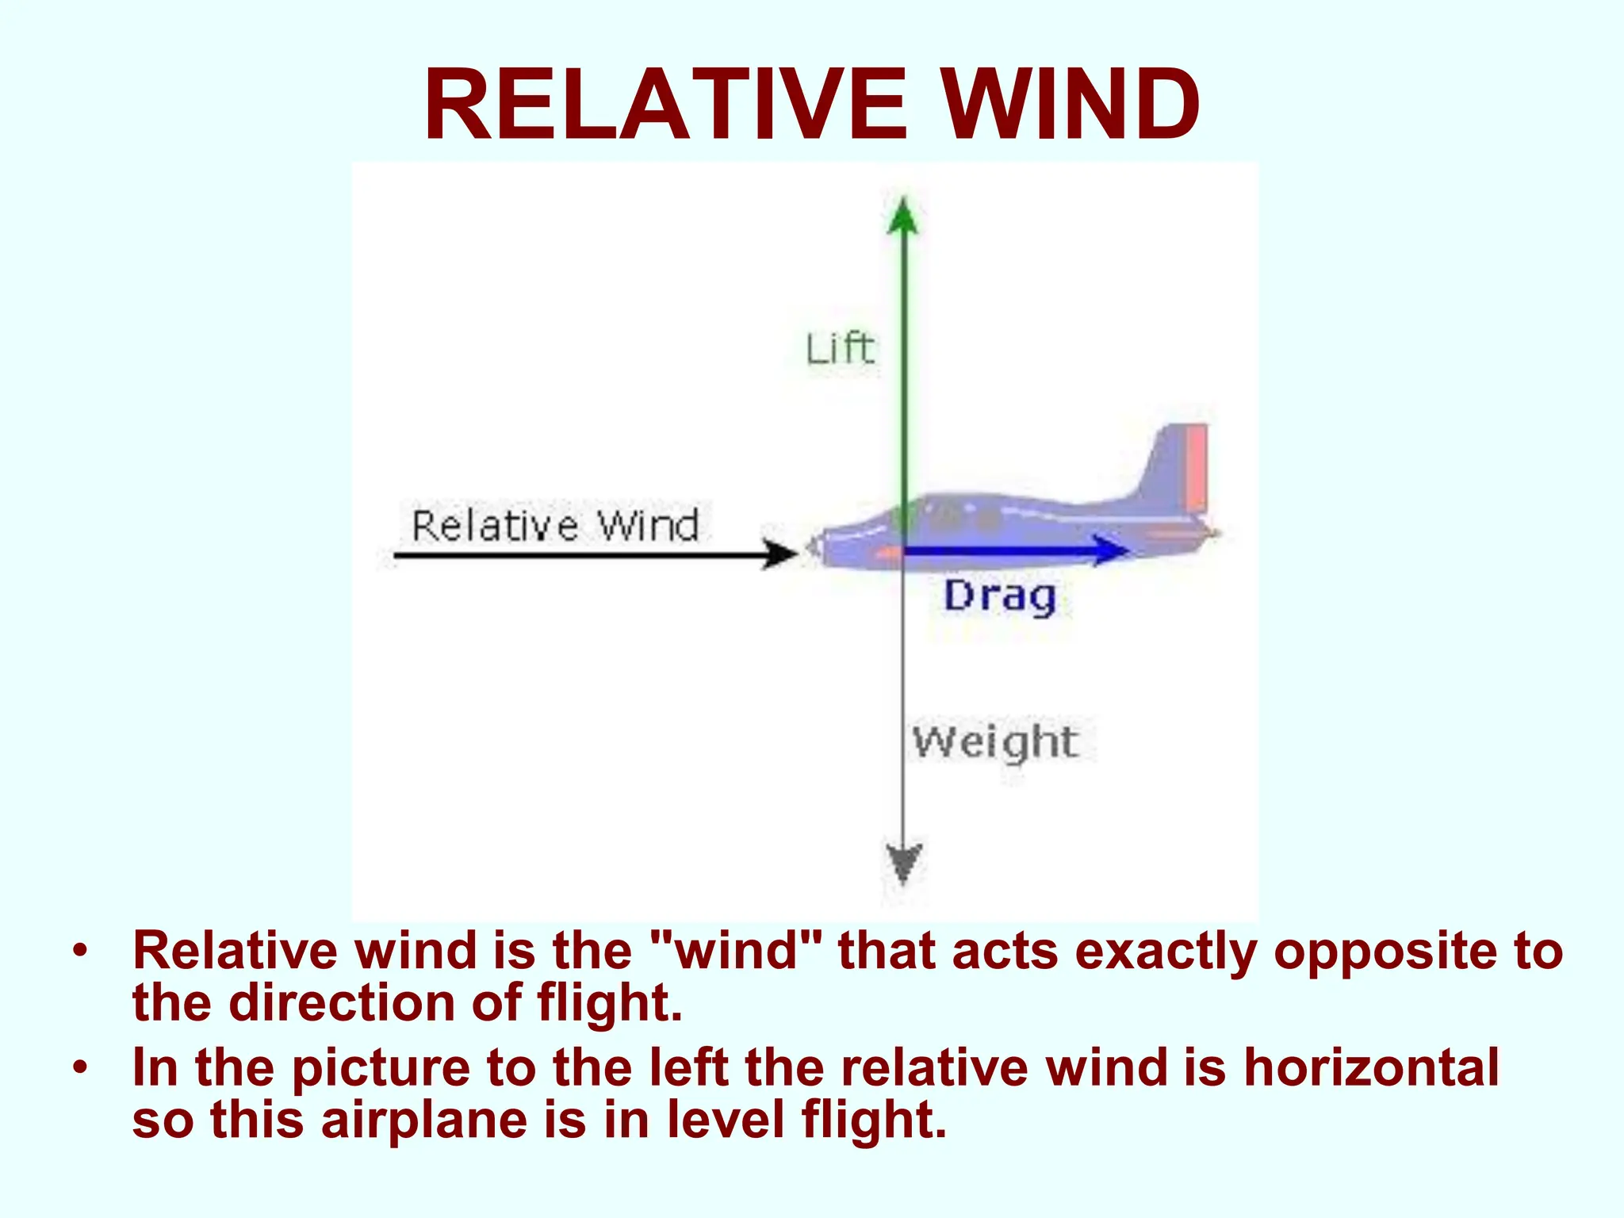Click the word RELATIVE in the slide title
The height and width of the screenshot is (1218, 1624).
coord(665,105)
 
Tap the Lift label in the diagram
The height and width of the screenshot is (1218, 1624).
coord(840,349)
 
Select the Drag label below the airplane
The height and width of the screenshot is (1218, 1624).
coord(1000,596)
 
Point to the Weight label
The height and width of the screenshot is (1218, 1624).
coord(995,742)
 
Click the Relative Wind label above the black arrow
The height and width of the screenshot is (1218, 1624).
coord(555,526)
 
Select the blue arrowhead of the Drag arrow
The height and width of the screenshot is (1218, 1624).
coord(1109,550)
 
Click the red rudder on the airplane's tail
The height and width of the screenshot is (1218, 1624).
coord(1196,468)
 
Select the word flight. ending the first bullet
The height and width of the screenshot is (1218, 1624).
coord(609,1003)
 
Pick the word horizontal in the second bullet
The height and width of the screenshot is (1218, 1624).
coord(1371,1067)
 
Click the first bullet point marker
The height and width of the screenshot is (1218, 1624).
coord(79,949)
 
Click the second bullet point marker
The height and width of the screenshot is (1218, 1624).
coord(79,1067)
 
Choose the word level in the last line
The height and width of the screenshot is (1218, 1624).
coord(726,1120)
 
